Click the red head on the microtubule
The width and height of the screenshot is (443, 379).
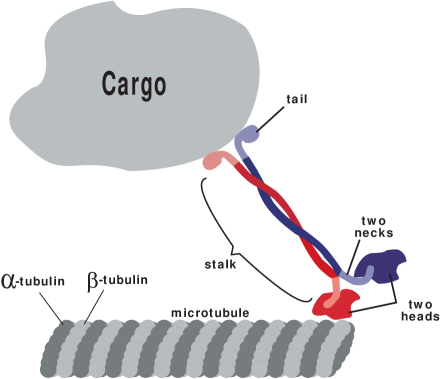tap(333, 304)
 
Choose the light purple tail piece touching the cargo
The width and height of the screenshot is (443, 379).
tap(248, 138)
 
